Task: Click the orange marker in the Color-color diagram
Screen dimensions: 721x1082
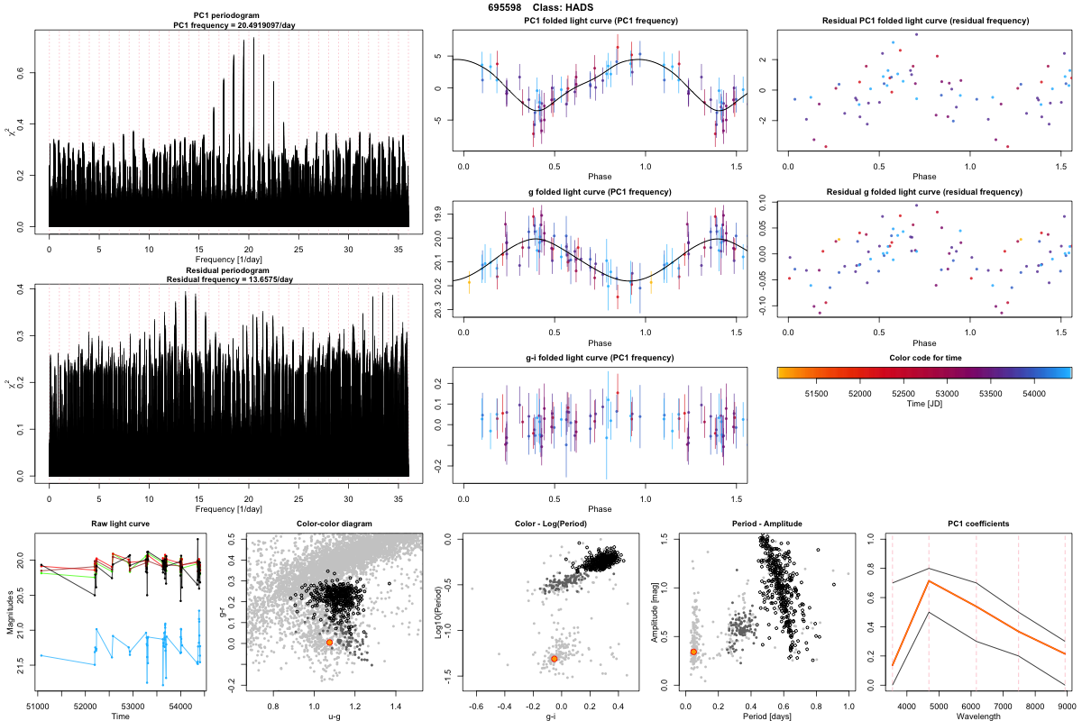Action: (x=329, y=642)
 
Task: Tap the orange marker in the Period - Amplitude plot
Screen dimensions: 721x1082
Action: (x=693, y=651)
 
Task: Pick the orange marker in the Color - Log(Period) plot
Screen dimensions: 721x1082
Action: (x=554, y=659)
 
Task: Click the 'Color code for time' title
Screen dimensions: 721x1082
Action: (x=924, y=358)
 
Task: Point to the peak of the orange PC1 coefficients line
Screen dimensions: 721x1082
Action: (x=930, y=581)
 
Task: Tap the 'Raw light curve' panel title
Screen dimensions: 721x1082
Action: (x=120, y=525)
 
